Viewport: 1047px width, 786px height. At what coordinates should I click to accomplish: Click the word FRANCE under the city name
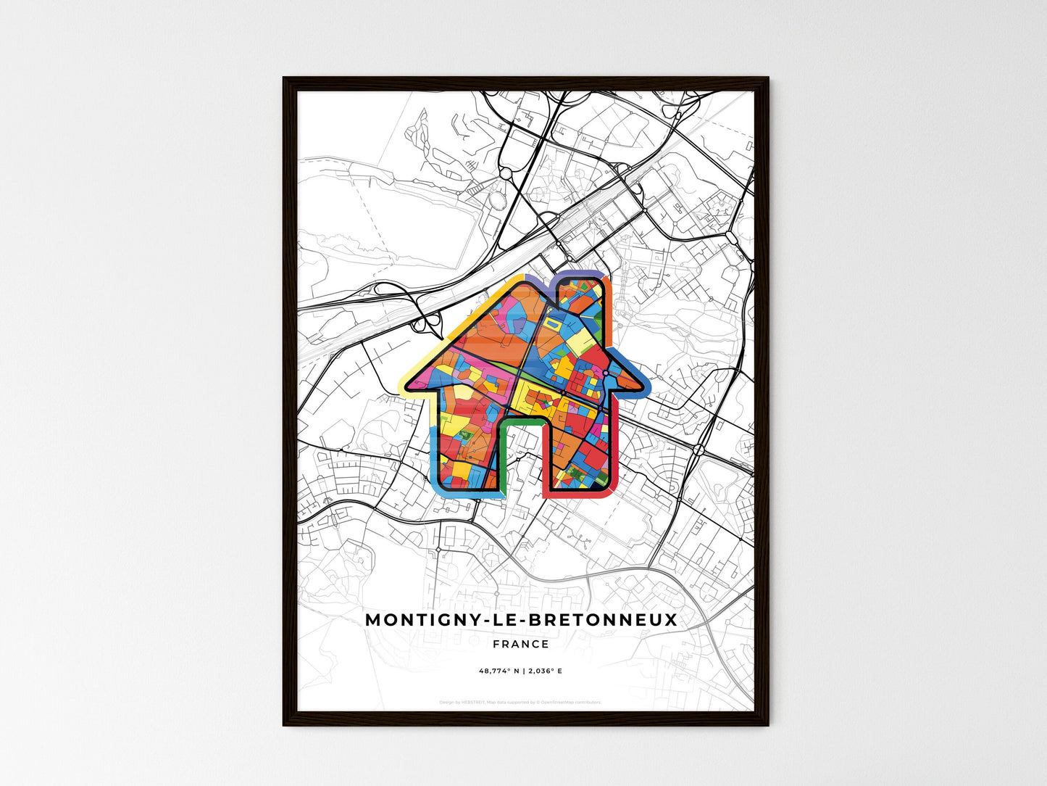(x=520, y=644)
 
